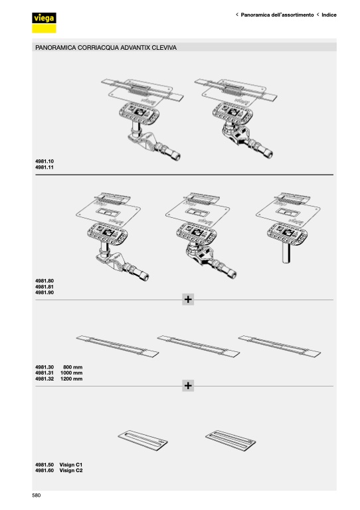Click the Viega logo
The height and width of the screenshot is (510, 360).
pos(44,23)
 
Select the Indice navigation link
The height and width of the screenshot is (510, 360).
pos(329,15)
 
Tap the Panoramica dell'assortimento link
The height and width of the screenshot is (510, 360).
pos(277,15)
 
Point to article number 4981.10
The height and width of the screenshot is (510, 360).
pos(45,161)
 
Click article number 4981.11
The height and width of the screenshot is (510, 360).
pos(45,167)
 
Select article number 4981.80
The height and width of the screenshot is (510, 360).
pos(45,281)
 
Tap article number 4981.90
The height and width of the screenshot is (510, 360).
pos(45,292)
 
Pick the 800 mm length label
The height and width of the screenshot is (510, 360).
pos(73,367)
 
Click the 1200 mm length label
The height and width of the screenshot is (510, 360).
pos(72,379)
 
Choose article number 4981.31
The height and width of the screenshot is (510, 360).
pos(45,373)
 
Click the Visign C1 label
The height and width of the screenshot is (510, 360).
pos(71,464)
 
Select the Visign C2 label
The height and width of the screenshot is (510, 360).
pos(71,470)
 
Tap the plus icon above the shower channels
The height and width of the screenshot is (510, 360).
pos(188,299)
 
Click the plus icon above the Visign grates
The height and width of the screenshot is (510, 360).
pos(188,385)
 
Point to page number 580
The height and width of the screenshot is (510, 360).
pos(37,495)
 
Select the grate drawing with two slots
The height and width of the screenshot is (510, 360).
pos(230,441)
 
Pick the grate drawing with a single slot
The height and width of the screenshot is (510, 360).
pos(143,441)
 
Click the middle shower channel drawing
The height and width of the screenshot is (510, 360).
pos(199,346)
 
